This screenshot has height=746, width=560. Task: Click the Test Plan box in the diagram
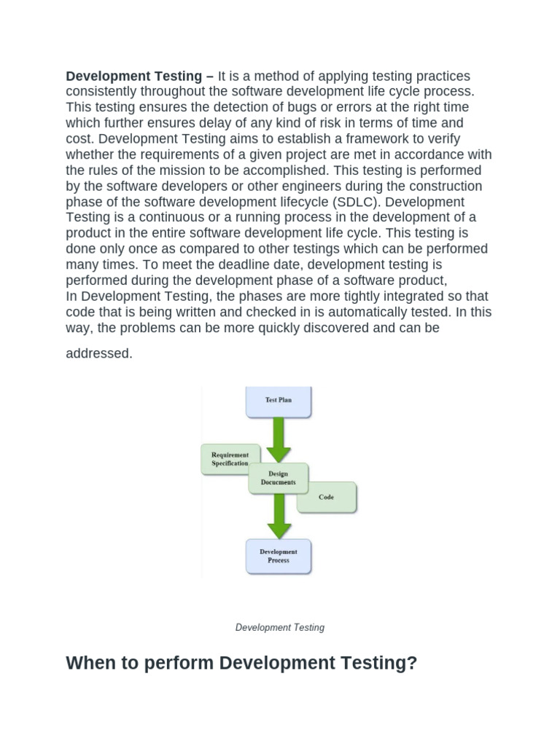tap(279, 401)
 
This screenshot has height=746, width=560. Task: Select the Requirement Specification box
tap(230, 459)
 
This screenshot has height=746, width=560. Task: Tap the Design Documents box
tap(278, 478)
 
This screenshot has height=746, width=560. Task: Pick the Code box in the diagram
tap(327, 498)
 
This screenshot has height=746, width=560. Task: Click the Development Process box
tap(279, 557)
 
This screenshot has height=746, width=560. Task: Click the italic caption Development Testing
tap(280, 627)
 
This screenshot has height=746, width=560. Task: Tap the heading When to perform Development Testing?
tap(241, 664)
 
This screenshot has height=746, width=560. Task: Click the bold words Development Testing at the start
tap(133, 76)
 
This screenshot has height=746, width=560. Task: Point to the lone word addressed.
tap(99, 354)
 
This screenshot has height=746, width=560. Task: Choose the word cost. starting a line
tap(80, 139)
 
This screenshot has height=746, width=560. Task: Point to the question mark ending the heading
tap(412, 664)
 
